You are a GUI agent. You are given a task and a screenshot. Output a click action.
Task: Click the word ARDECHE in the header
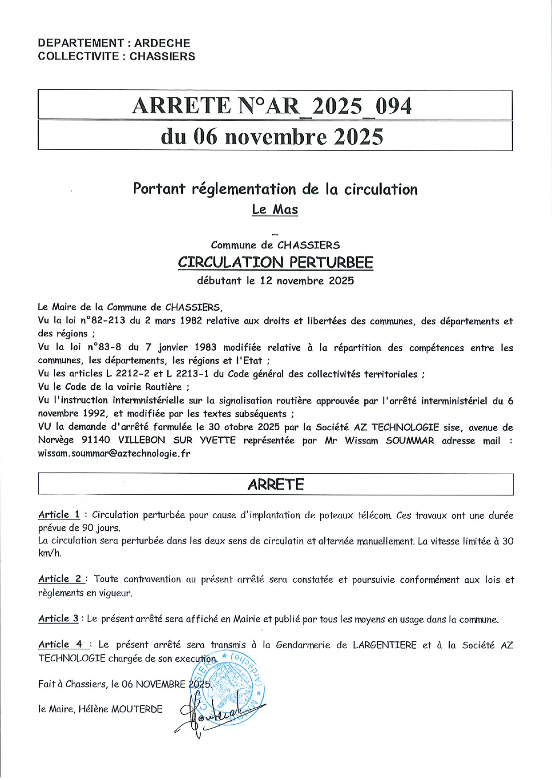pos(162,43)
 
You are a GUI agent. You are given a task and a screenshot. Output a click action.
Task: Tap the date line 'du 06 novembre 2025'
pos(272,136)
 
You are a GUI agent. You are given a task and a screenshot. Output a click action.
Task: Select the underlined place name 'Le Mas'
pos(275,209)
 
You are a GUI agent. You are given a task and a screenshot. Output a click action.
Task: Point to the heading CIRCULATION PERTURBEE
pos(275,262)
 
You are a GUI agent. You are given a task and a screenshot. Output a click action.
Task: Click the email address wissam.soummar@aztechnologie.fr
pos(114,454)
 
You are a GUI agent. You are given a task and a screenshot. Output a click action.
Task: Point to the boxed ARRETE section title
pos(276,484)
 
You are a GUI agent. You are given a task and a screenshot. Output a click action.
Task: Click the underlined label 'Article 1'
pos(59,515)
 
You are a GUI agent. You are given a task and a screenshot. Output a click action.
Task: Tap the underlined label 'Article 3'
pos(58,618)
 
